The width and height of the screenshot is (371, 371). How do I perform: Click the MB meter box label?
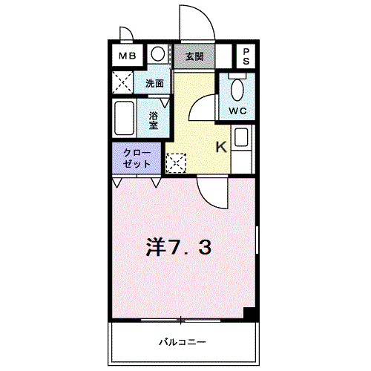click(x=128, y=56)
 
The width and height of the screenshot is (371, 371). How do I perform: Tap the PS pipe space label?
click(x=246, y=56)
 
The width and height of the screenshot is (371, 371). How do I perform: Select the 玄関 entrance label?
click(x=194, y=57)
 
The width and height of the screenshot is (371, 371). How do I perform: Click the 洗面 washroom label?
click(x=154, y=84)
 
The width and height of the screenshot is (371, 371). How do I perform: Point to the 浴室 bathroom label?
click(x=154, y=120)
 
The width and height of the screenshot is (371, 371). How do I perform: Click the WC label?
click(x=237, y=111)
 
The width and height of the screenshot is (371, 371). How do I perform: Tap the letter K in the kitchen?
click(x=221, y=147)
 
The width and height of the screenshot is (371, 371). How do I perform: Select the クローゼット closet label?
click(x=137, y=158)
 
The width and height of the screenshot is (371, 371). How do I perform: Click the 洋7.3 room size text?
click(x=179, y=247)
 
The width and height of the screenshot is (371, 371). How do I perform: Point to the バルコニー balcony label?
click(x=183, y=342)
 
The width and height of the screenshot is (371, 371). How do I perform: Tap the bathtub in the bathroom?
click(x=125, y=118)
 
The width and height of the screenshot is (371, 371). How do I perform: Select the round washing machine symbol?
click(x=158, y=54)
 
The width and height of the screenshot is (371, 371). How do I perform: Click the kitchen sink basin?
click(x=241, y=137)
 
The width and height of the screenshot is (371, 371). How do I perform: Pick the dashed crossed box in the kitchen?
click(x=177, y=162)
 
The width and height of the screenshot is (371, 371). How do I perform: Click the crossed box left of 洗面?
click(x=122, y=82)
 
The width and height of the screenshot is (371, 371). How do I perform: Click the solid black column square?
click(x=250, y=314)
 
